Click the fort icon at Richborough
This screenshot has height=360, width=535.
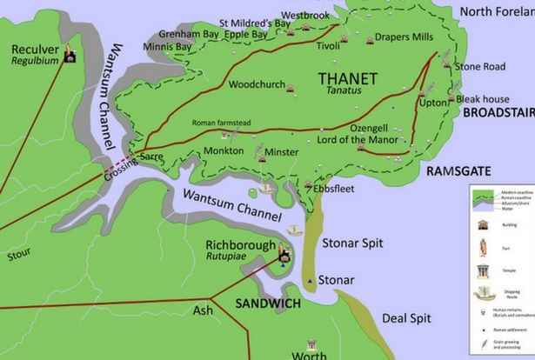(283, 254)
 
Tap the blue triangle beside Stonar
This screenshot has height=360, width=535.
(309, 281)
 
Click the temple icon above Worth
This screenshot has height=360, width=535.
(309, 344)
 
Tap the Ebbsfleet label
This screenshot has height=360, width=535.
(335, 187)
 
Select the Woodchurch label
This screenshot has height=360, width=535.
(257, 84)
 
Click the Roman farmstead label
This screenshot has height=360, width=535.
(221, 123)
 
